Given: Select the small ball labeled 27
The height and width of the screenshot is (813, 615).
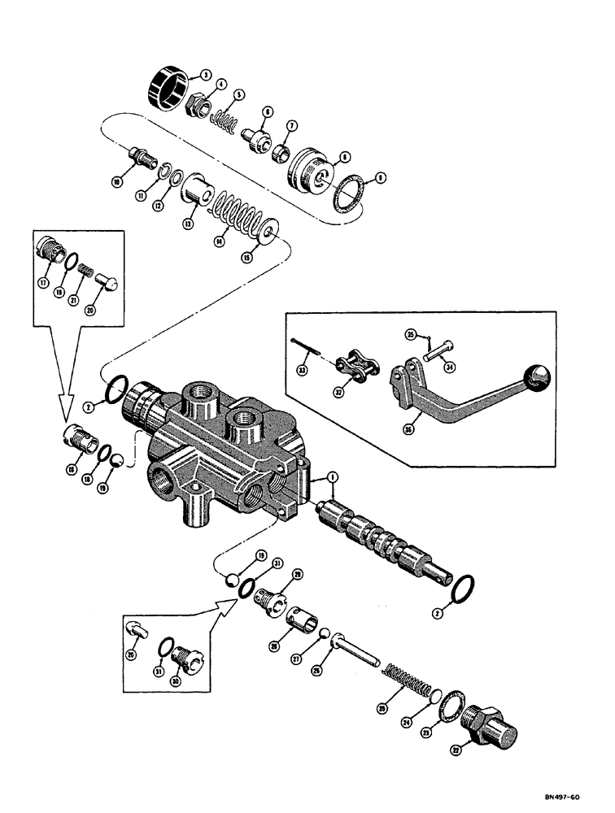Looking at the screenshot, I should [x=323, y=634].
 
